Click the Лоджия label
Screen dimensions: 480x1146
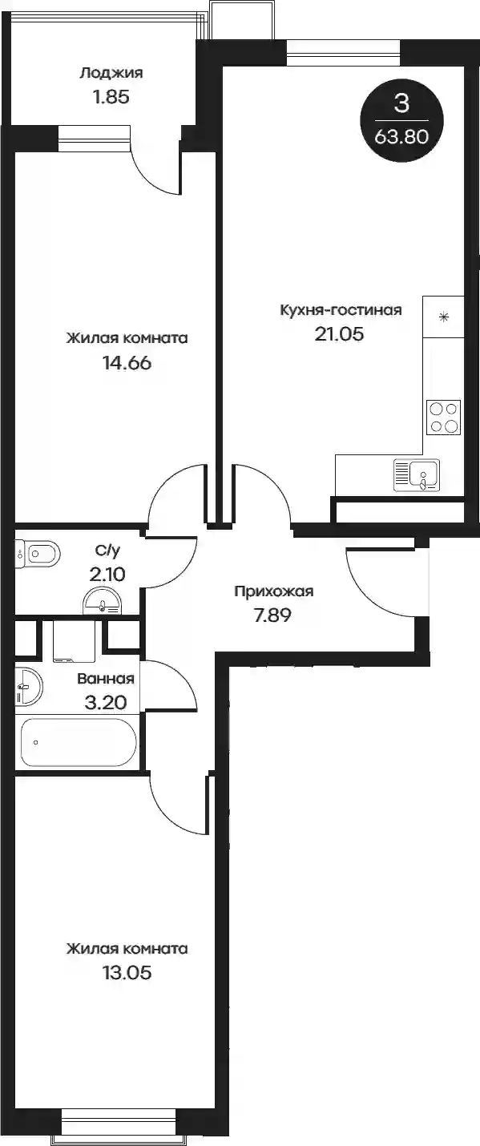click(x=111, y=73)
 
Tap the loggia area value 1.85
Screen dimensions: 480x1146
click(x=111, y=97)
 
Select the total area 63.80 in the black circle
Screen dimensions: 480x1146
click(x=401, y=136)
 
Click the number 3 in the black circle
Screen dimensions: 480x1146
click(x=402, y=103)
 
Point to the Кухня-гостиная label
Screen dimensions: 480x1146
click(x=341, y=310)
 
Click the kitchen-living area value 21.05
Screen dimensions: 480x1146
click(x=339, y=334)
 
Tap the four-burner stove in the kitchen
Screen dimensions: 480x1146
click(x=444, y=417)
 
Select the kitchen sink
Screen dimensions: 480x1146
click(x=417, y=474)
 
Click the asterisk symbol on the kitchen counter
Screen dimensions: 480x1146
click(x=444, y=317)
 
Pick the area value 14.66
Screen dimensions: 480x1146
click(x=127, y=363)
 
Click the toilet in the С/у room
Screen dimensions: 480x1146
click(x=38, y=553)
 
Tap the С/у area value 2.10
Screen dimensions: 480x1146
click(x=107, y=575)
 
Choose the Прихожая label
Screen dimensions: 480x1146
click(x=274, y=592)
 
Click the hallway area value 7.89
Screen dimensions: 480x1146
click(x=272, y=615)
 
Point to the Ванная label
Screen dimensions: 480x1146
click(x=106, y=679)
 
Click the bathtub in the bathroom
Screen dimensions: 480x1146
click(x=79, y=742)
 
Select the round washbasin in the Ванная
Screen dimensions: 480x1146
click(x=29, y=685)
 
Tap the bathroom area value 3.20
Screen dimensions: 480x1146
click(x=106, y=703)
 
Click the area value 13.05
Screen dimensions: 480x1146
click(x=127, y=973)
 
